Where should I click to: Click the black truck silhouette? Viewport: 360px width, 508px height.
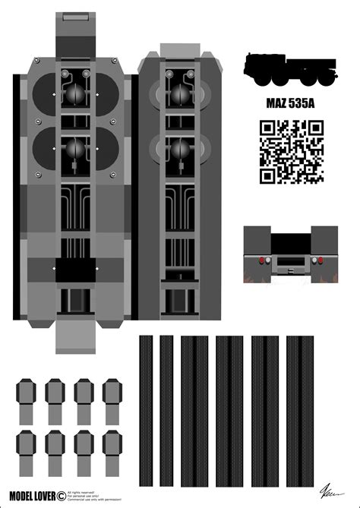point(289,69)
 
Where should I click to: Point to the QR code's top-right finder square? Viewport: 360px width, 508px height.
point(315,128)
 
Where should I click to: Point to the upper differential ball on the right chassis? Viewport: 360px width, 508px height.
point(180,92)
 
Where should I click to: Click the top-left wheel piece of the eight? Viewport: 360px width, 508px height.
point(27,401)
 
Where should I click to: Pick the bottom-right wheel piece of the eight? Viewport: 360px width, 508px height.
point(112,451)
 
